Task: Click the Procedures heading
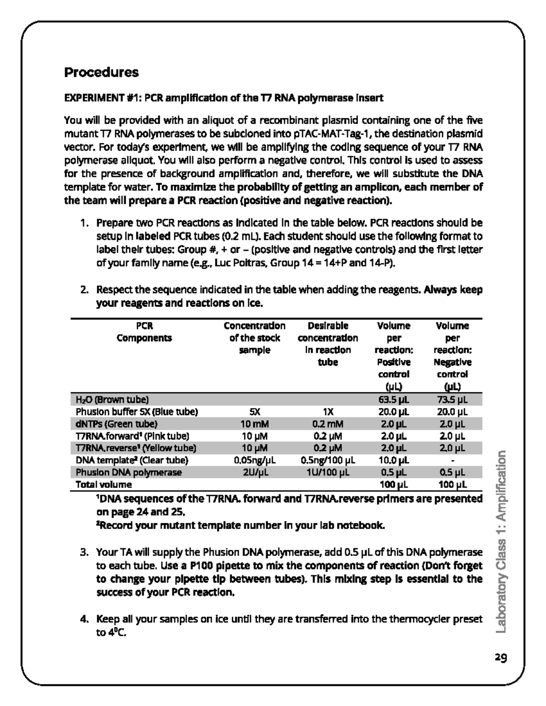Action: pyautogui.click(x=101, y=72)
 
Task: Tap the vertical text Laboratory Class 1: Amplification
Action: pyautogui.click(x=500, y=541)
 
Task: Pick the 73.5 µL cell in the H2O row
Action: pyautogui.click(x=452, y=400)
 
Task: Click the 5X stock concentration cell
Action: pyautogui.click(x=255, y=412)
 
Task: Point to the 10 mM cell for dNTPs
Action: pyautogui.click(x=255, y=424)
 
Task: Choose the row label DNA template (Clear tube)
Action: pyautogui.click(x=132, y=460)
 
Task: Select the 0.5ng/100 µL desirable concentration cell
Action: pyautogui.click(x=328, y=460)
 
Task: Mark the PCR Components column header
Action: pyautogui.click(x=144, y=332)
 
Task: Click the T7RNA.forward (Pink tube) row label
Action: pyautogui.click(x=132, y=436)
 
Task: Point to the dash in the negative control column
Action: pyautogui.click(x=452, y=460)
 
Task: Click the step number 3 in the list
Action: pyautogui.click(x=83, y=553)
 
